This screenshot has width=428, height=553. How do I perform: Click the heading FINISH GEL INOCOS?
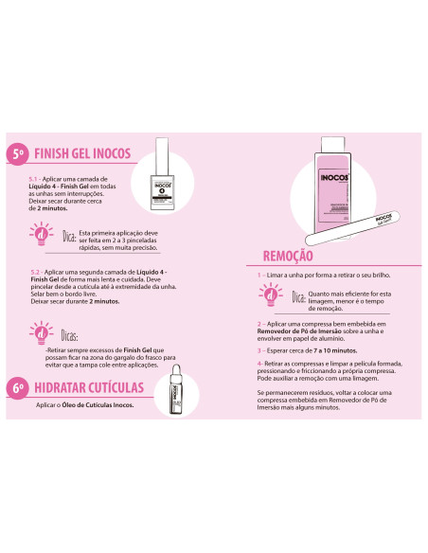(x=82, y=154)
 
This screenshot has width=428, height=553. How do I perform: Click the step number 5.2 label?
(x=37, y=271)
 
